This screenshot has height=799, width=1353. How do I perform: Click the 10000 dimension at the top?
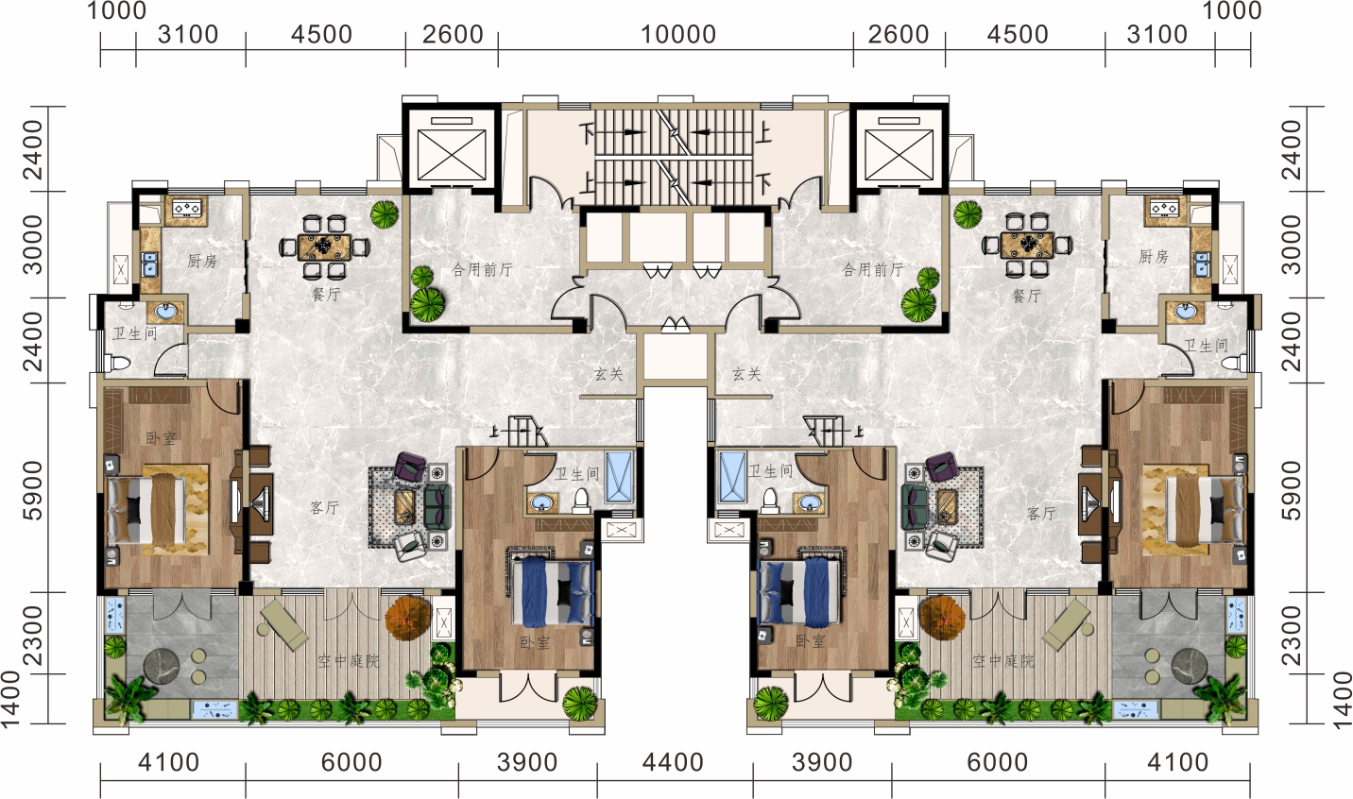click(x=677, y=34)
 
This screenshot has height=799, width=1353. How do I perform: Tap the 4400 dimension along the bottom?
click(x=673, y=763)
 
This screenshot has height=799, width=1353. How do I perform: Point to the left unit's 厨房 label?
click(x=202, y=261)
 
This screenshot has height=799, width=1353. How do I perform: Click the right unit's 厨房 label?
click(x=1153, y=257)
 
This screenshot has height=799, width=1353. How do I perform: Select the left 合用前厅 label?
click(x=482, y=269)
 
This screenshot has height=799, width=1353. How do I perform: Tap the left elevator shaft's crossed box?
click(x=452, y=155)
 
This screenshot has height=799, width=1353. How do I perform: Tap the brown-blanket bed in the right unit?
click(x=1206, y=510)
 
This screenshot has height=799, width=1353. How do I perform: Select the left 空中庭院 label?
click(x=349, y=661)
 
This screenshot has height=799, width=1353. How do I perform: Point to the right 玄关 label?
click(x=746, y=374)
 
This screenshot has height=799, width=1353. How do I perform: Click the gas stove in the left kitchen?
click(x=187, y=209)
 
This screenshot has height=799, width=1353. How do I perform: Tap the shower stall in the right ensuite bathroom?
click(x=732, y=477)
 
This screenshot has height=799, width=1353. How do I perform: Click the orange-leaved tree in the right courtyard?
click(x=942, y=619)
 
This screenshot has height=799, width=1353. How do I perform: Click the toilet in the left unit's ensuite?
click(x=580, y=500)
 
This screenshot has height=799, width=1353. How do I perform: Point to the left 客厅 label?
click(x=324, y=508)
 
